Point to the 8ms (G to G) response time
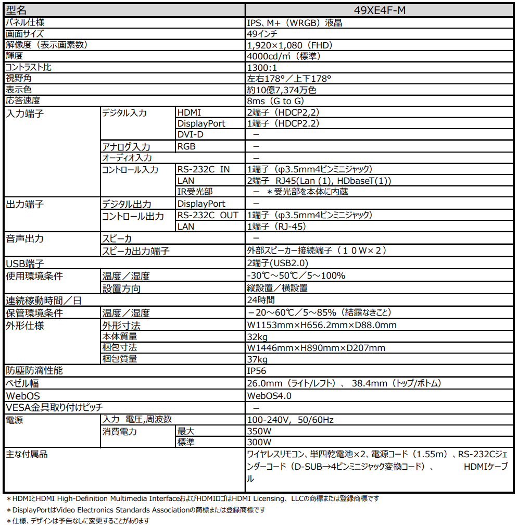click(275, 101)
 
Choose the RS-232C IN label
click(203, 169)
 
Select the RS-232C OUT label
click(208, 215)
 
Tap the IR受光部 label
click(195, 192)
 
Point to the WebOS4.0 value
click(269, 396)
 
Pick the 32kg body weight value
click(257, 337)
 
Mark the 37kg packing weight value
click(257, 359)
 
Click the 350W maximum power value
click(259, 431)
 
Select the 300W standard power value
click(259, 442)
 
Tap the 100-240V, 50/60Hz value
click(290, 420)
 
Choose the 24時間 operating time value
click(261, 300)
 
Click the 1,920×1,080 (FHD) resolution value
click(289, 45)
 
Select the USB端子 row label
click(24, 264)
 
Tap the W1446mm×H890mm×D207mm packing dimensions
click(316, 348)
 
